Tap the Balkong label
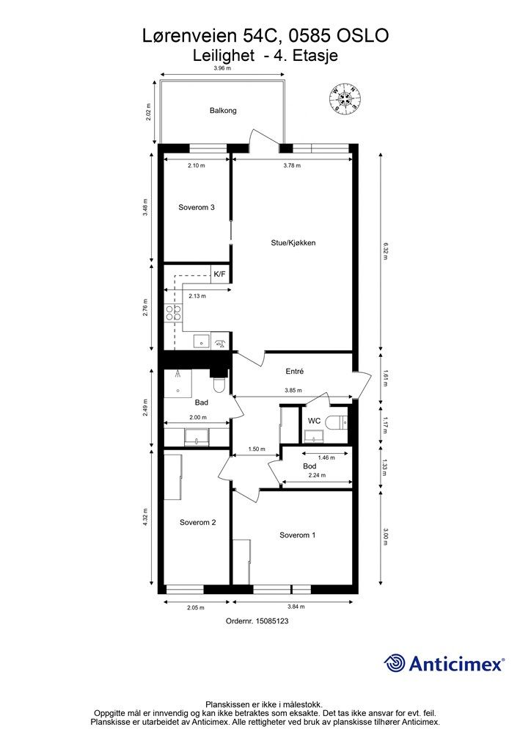223,110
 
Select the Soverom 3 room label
197,207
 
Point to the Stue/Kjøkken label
293,242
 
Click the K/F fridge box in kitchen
219,275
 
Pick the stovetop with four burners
173,313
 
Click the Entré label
294,371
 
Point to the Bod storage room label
310,466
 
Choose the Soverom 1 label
297,535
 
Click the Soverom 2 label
198,522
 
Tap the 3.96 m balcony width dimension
222,68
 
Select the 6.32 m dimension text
385,251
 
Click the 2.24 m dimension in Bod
317,475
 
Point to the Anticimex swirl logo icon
394,664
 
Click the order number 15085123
257,621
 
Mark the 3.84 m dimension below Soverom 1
296,607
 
